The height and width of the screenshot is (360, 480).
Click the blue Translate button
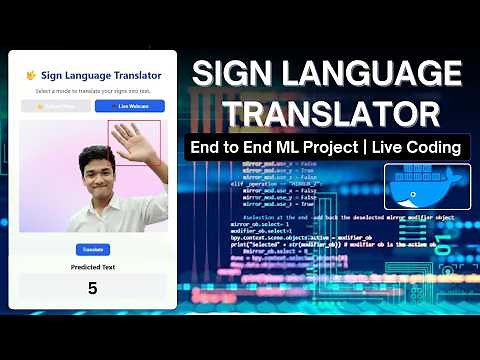pos(92,249)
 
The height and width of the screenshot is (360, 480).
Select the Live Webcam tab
pos(129,106)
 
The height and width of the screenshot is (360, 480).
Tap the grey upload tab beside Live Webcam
pos(56,106)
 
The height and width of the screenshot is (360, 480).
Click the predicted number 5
pos(92,288)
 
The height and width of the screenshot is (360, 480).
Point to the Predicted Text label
pos(92,267)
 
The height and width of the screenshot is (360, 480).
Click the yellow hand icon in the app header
pos(31,75)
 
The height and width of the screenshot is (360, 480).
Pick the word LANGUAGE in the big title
pos(376,75)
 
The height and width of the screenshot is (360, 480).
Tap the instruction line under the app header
pos(92,91)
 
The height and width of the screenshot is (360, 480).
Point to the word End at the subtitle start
pos(206,148)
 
